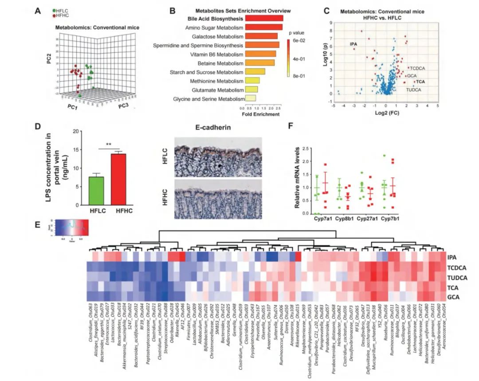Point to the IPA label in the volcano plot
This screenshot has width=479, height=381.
tap(353, 44)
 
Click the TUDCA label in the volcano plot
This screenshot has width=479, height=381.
tap(413, 89)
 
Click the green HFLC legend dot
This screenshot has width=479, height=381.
tap(54, 10)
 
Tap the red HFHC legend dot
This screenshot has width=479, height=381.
tap(54, 15)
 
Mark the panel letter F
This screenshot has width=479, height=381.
tap(291, 126)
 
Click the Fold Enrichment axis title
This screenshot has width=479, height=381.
tap(261, 114)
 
